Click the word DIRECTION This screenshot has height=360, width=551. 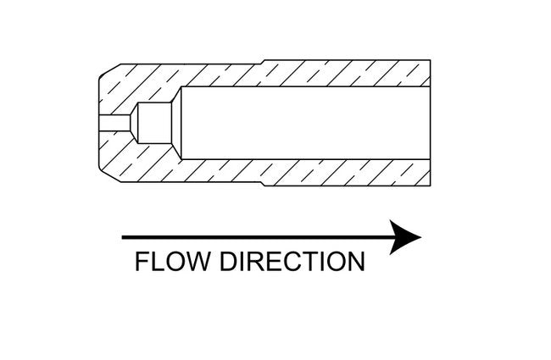click(292, 262)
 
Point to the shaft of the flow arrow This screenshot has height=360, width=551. click(254, 237)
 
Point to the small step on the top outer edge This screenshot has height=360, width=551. click(265, 62)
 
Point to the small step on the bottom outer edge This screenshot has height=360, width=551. click(265, 184)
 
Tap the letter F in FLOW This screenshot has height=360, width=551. click(142, 262)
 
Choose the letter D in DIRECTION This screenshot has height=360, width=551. click(228, 262)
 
